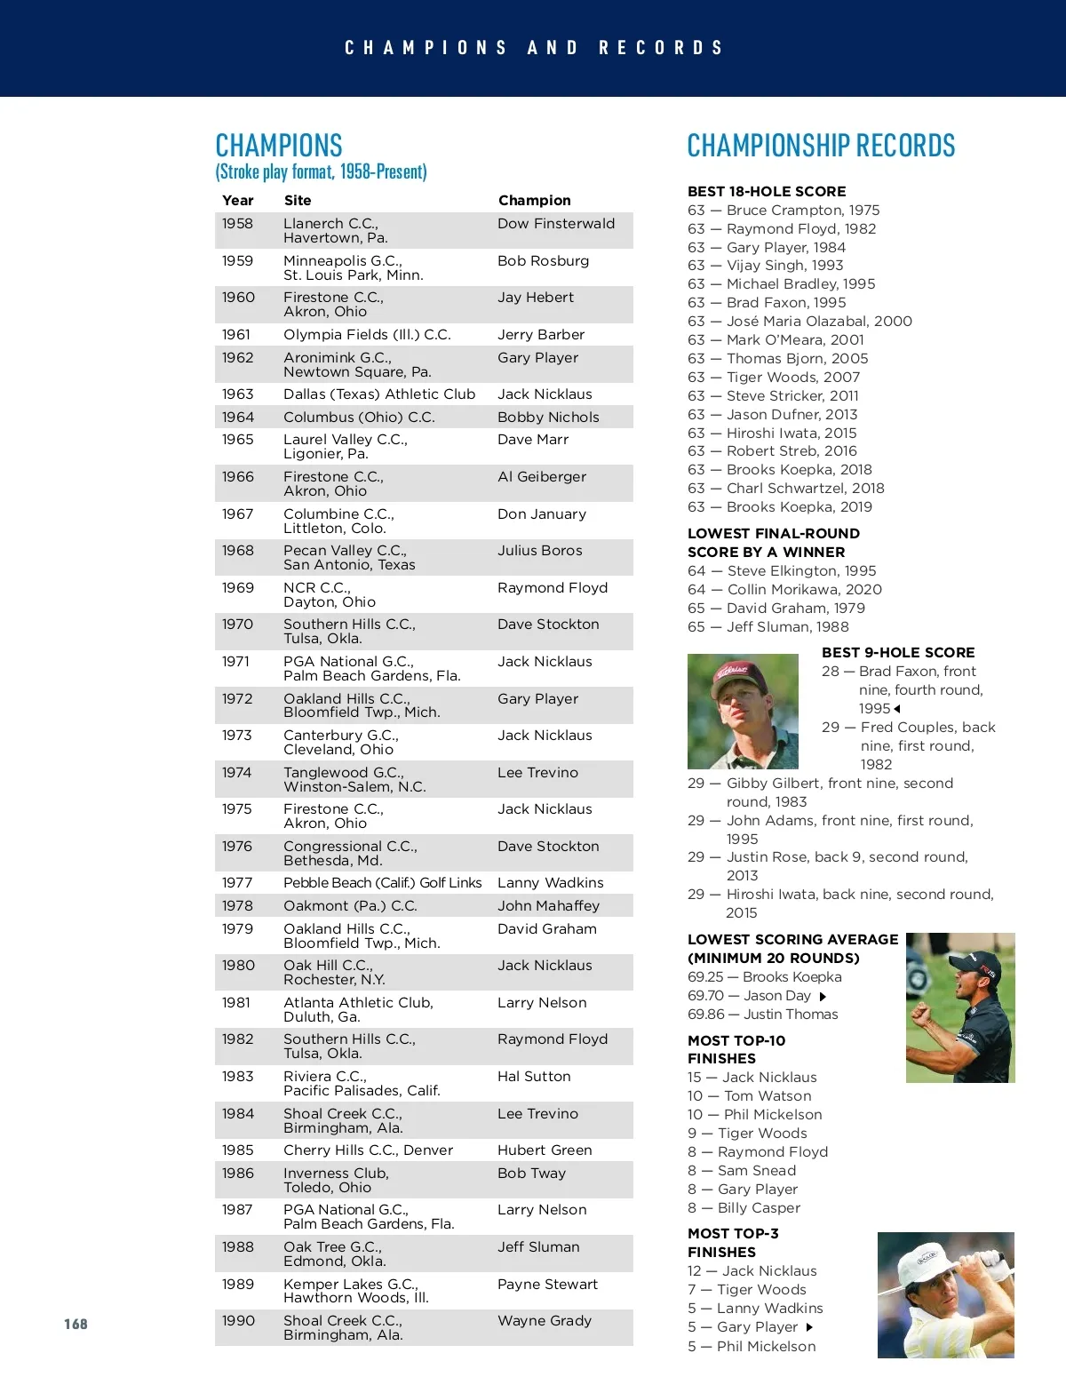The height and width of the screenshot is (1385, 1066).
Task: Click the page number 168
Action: (76, 1324)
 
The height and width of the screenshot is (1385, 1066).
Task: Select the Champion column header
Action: (534, 200)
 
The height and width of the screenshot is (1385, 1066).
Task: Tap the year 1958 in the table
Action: (237, 224)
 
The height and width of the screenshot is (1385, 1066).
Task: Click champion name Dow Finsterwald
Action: (555, 224)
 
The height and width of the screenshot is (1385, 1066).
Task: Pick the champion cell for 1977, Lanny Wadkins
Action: (550, 882)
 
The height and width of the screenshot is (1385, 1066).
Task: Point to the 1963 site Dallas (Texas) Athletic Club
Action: (379, 394)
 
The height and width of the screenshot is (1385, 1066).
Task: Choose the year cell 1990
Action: (238, 1320)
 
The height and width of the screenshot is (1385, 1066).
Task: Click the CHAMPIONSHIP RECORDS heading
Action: (821, 146)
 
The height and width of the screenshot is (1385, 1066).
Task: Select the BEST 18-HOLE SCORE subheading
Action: (766, 191)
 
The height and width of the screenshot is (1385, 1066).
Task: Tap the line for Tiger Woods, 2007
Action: (773, 377)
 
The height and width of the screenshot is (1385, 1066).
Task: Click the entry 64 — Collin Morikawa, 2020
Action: (784, 589)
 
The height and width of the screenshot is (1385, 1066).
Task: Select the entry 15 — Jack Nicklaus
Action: (752, 1077)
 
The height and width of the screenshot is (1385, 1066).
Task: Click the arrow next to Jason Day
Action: (823, 997)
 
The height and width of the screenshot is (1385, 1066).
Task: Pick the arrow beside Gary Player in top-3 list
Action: (809, 1327)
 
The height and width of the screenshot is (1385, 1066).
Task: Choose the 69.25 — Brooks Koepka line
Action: (764, 976)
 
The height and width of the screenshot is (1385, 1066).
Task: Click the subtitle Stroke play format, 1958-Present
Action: (321, 171)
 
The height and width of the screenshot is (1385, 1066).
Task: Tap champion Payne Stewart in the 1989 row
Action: (547, 1284)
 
